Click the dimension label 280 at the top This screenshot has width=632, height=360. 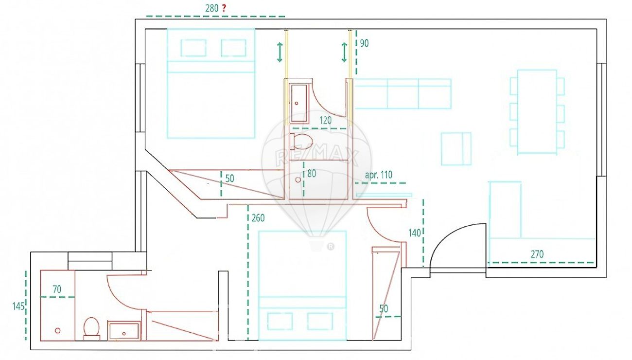[212, 8]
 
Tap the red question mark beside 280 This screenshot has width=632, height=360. [224, 8]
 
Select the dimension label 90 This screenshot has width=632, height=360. [364, 43]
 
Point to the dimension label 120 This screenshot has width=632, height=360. [325, 120]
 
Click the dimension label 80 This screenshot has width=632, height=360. [312, 173]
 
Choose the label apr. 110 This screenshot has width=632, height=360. [379, 175]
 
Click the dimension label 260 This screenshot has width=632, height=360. [258, 218]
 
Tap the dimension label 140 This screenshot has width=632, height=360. [415, 233]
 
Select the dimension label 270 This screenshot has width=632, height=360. [537, 254]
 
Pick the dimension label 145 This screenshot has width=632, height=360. [18, 306]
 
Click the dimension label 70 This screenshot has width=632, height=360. [57, 289]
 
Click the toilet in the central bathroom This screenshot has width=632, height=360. [301, 142]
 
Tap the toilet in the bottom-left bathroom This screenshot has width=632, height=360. [91, 328]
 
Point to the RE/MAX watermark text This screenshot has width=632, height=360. [317, 157]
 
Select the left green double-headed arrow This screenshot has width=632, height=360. [280, 52]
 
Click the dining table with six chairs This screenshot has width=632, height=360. [537, 112]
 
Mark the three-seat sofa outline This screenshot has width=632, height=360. [403, 94]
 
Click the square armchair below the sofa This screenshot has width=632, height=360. [456, 149]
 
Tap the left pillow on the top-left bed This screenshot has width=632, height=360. [193, 48]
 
